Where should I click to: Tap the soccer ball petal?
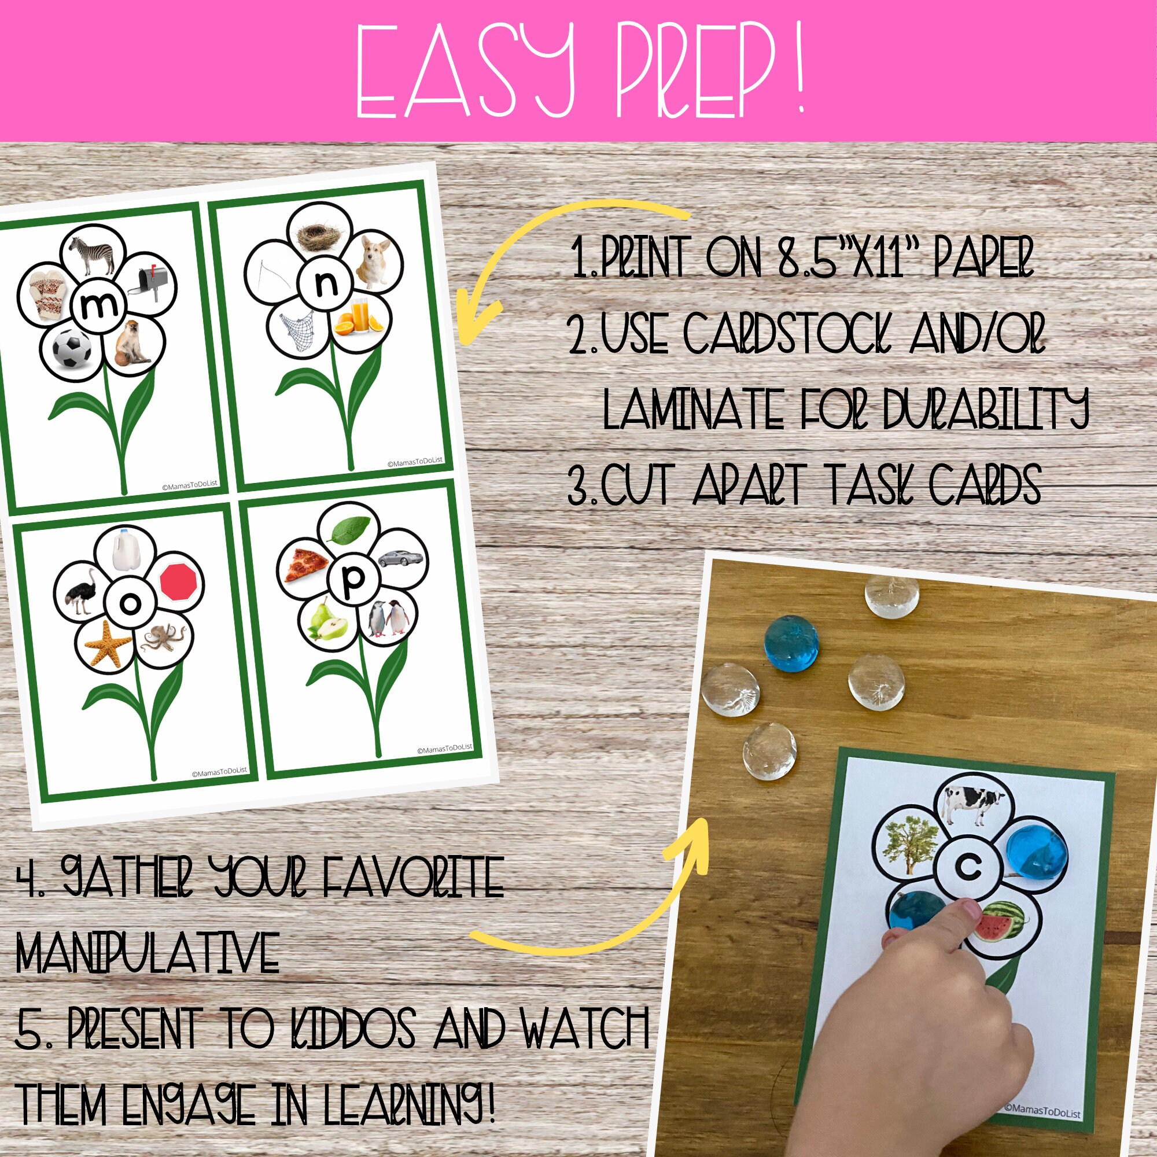(72, 348)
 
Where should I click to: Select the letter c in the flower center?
(968, 867)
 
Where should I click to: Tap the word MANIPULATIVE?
(148, 952)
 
